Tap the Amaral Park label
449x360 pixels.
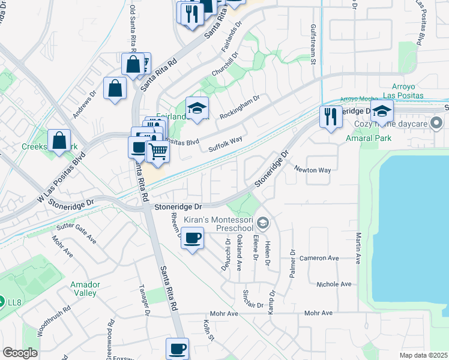[369, 138]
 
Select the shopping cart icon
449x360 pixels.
[158, 151]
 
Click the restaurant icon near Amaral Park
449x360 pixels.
[330, 117]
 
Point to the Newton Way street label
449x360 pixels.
[312, 170]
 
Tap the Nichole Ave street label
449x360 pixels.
[334, 283]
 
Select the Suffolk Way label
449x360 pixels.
[225, 143]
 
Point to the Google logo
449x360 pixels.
[20, 353]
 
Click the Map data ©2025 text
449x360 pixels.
[423, 355]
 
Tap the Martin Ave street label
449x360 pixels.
[358, 249]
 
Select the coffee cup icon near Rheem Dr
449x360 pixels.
[192, 239]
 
